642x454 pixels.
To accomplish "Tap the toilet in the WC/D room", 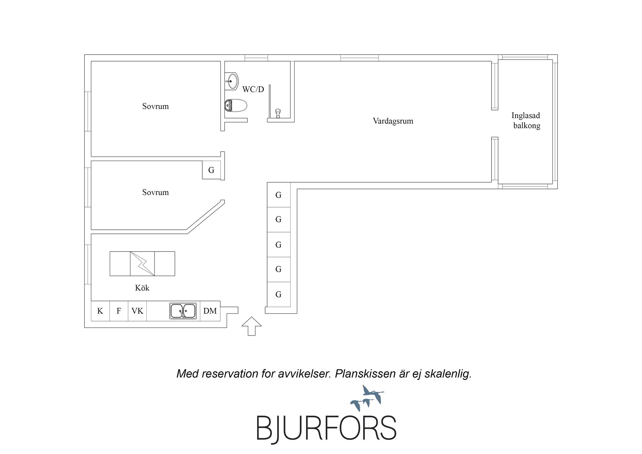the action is [236, 105].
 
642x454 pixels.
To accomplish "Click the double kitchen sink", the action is [183, 311].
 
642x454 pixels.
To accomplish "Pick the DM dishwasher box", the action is [210, 311].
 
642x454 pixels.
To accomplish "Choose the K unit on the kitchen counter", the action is [100, 311].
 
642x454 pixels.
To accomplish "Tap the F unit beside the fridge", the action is [119, 311].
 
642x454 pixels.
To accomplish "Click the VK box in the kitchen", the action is [137, 311].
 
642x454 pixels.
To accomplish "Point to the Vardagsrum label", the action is [393, 121].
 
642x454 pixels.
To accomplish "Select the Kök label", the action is [142, 288].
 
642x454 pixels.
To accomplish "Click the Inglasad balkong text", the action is [526, 120].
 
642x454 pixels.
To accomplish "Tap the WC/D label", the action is [253, 89].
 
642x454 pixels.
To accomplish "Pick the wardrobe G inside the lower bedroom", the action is [211, 170].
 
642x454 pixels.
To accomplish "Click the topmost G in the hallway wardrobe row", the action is [279, 195].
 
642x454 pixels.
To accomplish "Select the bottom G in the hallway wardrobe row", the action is [279, 294].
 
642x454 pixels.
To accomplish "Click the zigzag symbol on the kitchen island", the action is [142, 264].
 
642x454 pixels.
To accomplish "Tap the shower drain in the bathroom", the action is [278, 113].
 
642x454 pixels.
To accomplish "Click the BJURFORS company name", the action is [326, 428].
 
